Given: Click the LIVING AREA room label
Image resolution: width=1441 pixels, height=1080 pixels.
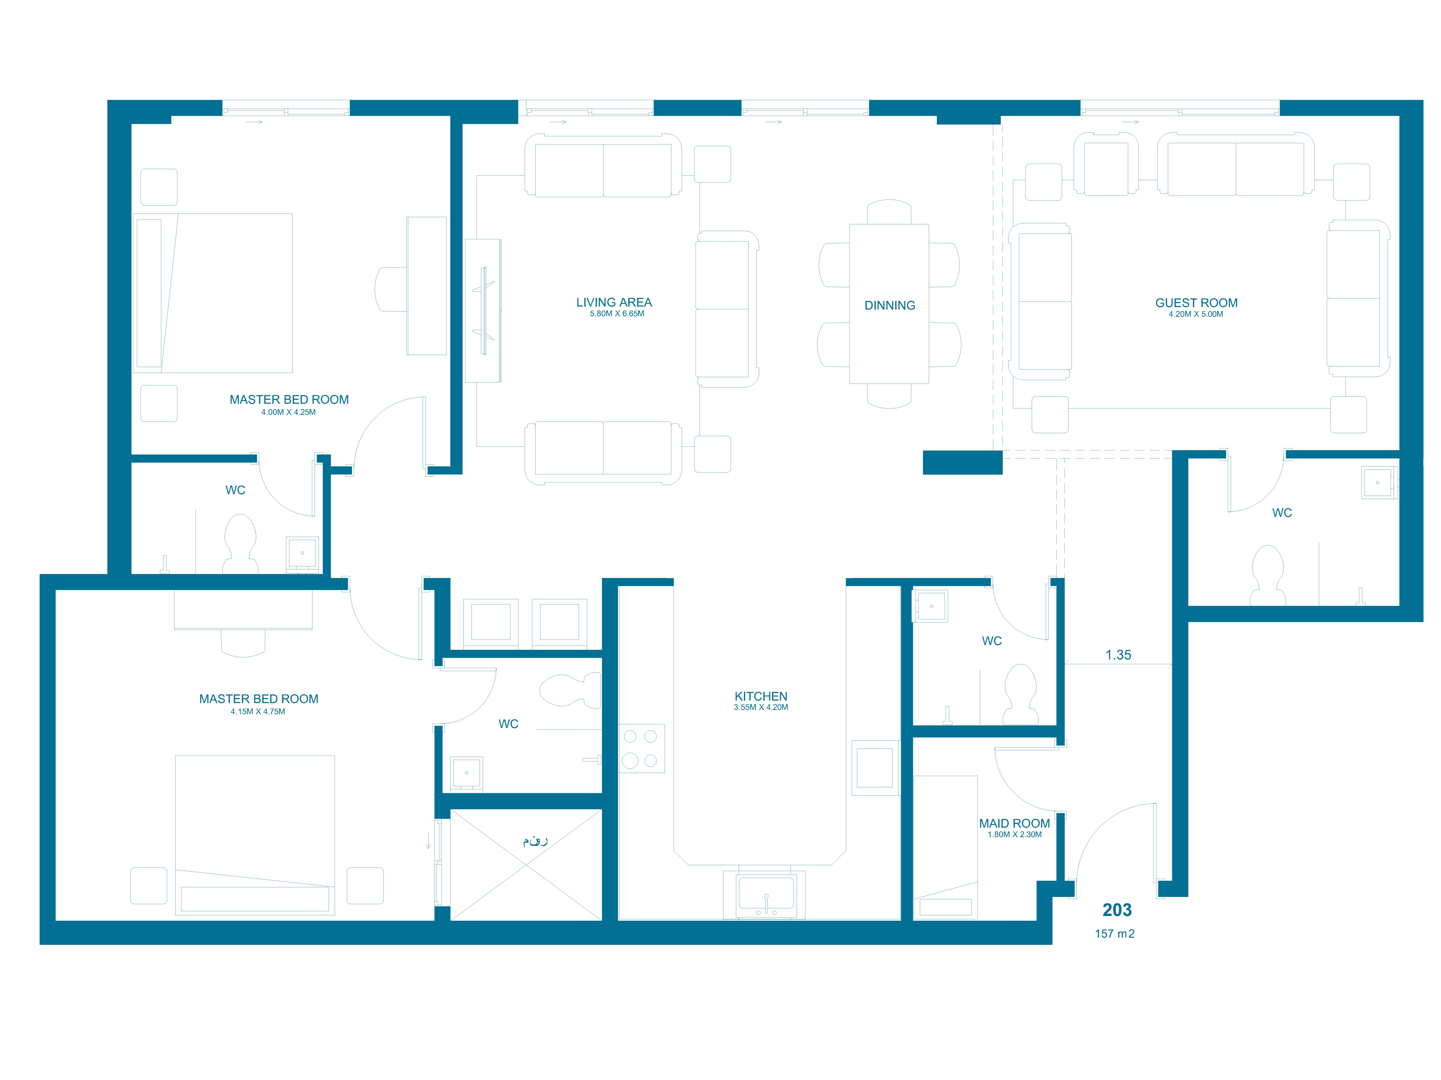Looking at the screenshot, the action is (614, 302).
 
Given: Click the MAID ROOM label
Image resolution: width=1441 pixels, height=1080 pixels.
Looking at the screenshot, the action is (1014, 823).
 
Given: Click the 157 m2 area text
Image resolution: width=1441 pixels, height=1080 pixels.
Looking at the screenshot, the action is (1115, 933).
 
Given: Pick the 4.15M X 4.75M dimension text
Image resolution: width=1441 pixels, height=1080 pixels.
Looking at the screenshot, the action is (258, 712).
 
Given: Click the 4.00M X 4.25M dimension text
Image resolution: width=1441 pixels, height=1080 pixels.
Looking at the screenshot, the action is (289, 412).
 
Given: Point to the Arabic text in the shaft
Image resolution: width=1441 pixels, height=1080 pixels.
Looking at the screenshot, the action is (535, 840).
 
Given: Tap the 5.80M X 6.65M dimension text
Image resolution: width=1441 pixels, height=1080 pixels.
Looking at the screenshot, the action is (617, 314).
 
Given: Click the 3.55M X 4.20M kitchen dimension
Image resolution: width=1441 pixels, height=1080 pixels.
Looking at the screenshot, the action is (761, 707).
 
